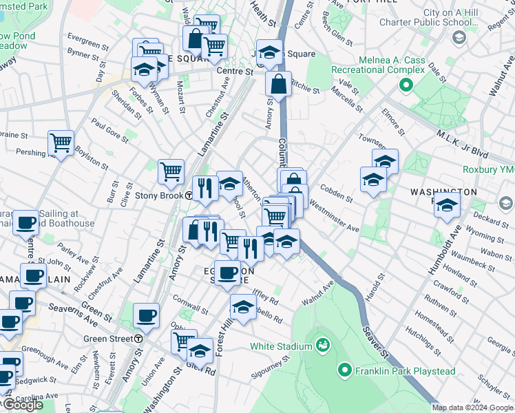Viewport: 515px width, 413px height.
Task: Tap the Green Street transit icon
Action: click(138, 339)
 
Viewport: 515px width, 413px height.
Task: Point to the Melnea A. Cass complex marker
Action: click(406, 86)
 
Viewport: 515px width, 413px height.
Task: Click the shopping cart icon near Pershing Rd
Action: click(61, 143)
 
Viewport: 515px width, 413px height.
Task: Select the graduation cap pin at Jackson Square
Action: click(271, 52)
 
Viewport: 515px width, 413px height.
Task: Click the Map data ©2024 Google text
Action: click(472, 407)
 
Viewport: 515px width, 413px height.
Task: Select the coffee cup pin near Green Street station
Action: click(146, 315)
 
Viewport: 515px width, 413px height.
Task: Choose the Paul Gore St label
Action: click(109, 133)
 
